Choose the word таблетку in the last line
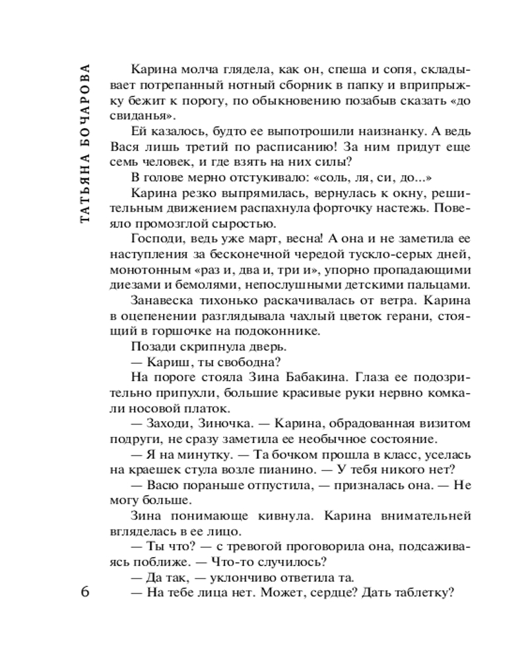point(425,592)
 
